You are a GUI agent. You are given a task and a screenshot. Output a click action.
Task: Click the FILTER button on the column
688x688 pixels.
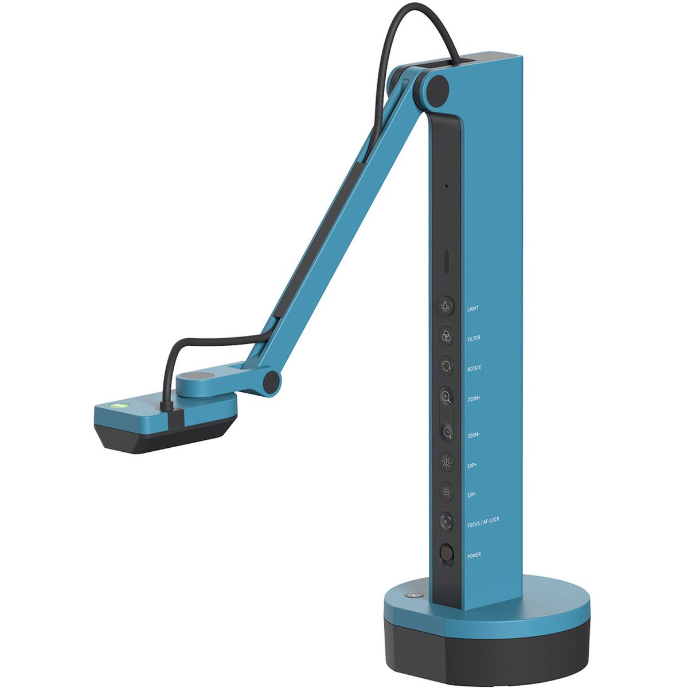446,337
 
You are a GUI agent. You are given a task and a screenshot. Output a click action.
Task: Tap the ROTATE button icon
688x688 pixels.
446,366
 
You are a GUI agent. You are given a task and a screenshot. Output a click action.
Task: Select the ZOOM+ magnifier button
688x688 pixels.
446,396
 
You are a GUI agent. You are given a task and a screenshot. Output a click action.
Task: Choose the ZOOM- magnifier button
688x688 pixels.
447,433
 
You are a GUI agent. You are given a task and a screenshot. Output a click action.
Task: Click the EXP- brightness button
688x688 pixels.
446,492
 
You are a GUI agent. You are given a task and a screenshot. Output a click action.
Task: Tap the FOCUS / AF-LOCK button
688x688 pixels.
446,521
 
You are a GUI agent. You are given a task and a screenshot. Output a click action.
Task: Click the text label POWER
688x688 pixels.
474,556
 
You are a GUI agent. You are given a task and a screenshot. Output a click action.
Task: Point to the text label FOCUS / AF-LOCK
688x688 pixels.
483,520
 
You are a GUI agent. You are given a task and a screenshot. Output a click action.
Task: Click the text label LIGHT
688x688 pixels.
473,308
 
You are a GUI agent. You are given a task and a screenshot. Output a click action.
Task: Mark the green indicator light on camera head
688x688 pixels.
121,405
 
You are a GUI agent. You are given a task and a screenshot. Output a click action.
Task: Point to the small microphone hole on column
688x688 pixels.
446,186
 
